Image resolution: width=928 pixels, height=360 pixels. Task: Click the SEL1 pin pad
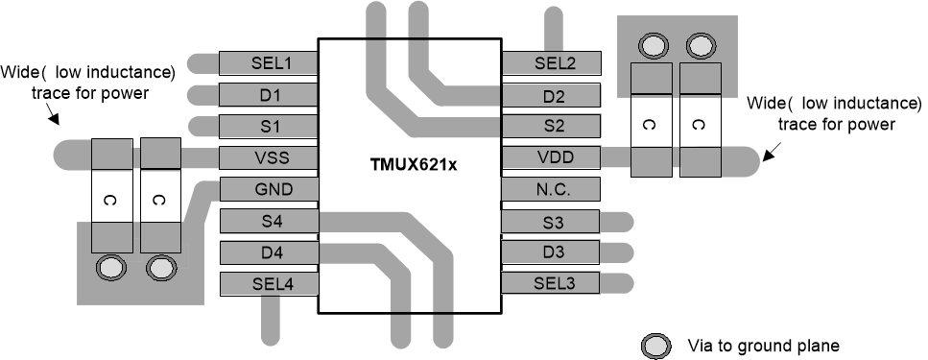tap(269, 64)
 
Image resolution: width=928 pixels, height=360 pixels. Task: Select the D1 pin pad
tap(269, 96)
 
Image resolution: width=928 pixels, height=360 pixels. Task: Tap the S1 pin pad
tap(269, 127)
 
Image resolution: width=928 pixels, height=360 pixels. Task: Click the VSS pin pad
tap(269, 158)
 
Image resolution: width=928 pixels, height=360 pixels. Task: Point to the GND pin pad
tap(269, 190)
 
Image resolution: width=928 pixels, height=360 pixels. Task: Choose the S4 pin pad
tap(269, 222)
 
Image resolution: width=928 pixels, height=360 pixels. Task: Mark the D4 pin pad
tap(269, 253)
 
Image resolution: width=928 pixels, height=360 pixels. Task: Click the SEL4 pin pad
tap(269, 285)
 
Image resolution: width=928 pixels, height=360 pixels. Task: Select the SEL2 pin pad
tap(552, 64)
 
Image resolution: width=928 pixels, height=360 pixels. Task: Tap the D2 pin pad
tap(552, 96)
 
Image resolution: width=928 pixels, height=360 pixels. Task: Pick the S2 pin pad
tap(552, 127)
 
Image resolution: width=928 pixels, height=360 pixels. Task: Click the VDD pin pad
tap(552, 158)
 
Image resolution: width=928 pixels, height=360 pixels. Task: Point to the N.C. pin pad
tap(552, 190)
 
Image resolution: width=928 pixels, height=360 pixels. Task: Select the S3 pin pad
tap(552, 222)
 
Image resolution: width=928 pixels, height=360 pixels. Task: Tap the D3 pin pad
tap(552, 253)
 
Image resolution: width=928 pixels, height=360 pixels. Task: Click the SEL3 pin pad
tap(552, 285)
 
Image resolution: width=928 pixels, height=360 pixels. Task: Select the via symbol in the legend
tap(655, 345)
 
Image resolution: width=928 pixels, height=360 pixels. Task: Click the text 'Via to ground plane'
tap(764, 345)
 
